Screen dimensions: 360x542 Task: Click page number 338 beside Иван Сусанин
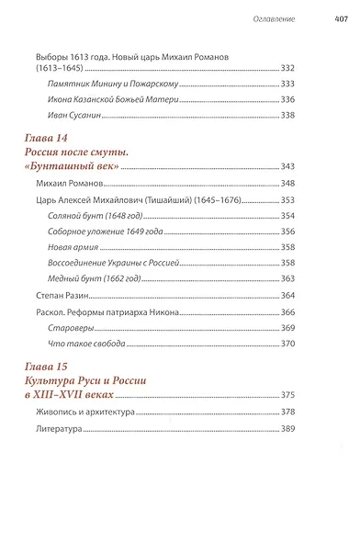click(x=313, y=115)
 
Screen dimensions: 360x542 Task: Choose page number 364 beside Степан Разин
click(x=313, y=295)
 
